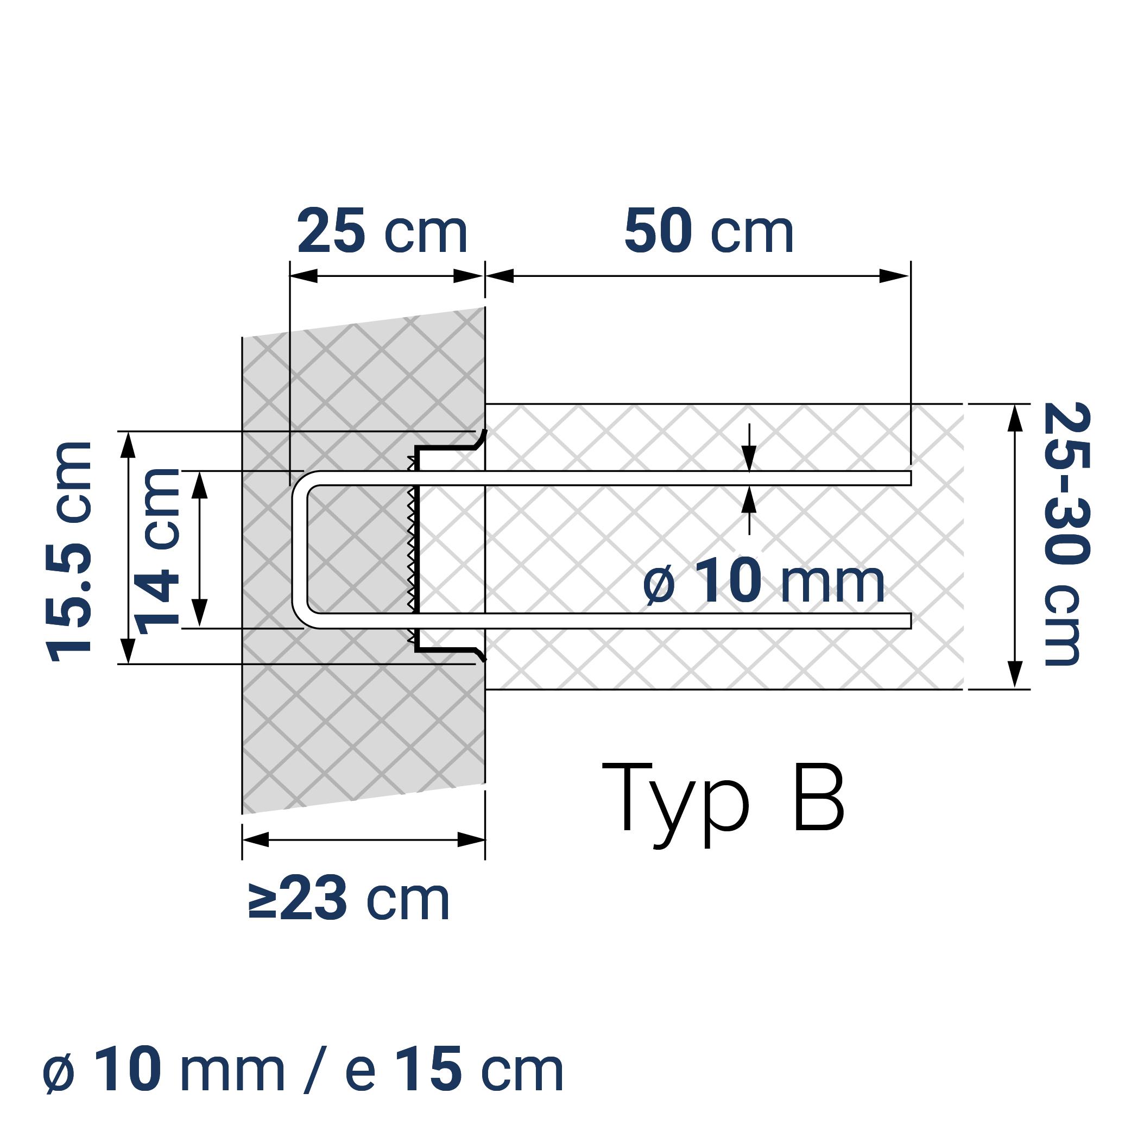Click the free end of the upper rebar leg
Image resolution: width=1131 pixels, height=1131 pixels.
tap(909, 478)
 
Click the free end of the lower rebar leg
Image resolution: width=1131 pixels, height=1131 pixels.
tap(909, 621)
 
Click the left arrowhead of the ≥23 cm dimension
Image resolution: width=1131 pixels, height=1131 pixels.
tap(255, 839)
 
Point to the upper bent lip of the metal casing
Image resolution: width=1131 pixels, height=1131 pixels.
tap(481, 438)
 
